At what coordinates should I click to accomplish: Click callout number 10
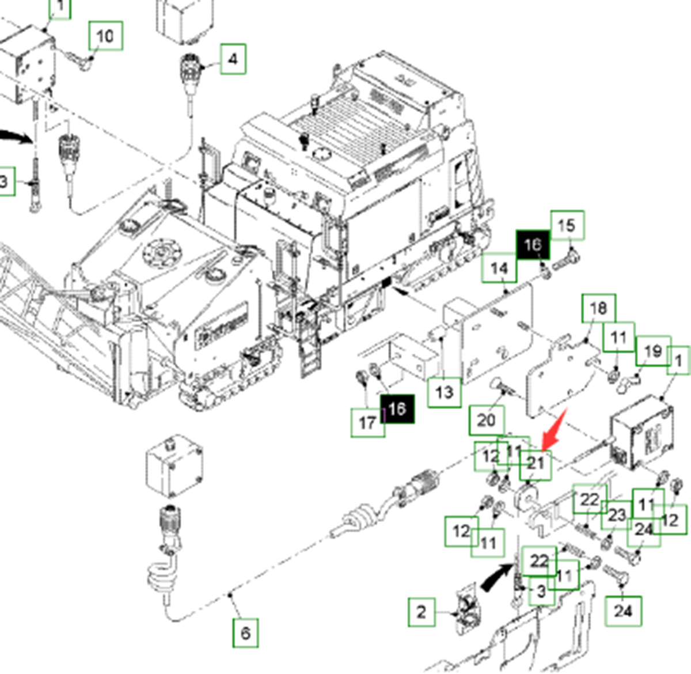105,36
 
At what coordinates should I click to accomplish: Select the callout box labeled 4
232,59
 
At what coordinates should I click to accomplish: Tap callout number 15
567,225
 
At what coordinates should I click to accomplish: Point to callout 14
499,268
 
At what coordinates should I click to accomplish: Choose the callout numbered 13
444,392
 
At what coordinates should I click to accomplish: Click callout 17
367,422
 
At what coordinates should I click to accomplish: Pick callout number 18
598,308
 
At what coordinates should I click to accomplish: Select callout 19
653,351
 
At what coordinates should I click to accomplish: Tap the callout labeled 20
486,420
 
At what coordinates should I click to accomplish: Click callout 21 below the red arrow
536,464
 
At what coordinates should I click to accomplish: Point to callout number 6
245,633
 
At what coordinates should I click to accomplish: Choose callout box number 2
422,612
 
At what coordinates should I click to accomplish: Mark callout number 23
617,514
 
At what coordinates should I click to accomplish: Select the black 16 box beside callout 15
533,245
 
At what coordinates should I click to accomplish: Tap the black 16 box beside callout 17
397,408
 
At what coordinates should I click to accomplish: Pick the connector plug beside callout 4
191,70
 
